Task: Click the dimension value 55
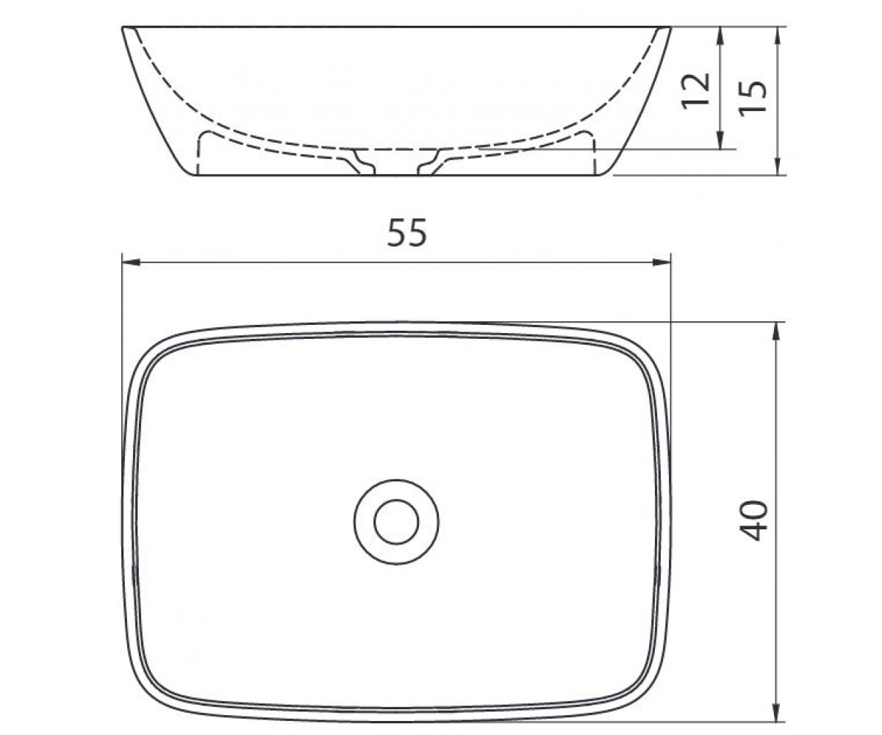pyautogui.click(x=407, y=232)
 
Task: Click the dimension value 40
pyautogui.click(x=754, y=521)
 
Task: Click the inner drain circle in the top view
pyautogui.click(x=396, y=522)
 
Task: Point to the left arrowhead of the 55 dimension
pyautogui.click(x=131, y=262)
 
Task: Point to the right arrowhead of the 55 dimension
pyautogui.click(x=661, y=262)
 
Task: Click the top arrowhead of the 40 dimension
pyautogui.click(x=775, y=331)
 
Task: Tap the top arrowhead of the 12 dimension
pyautogui.click(x=720, y=36)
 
